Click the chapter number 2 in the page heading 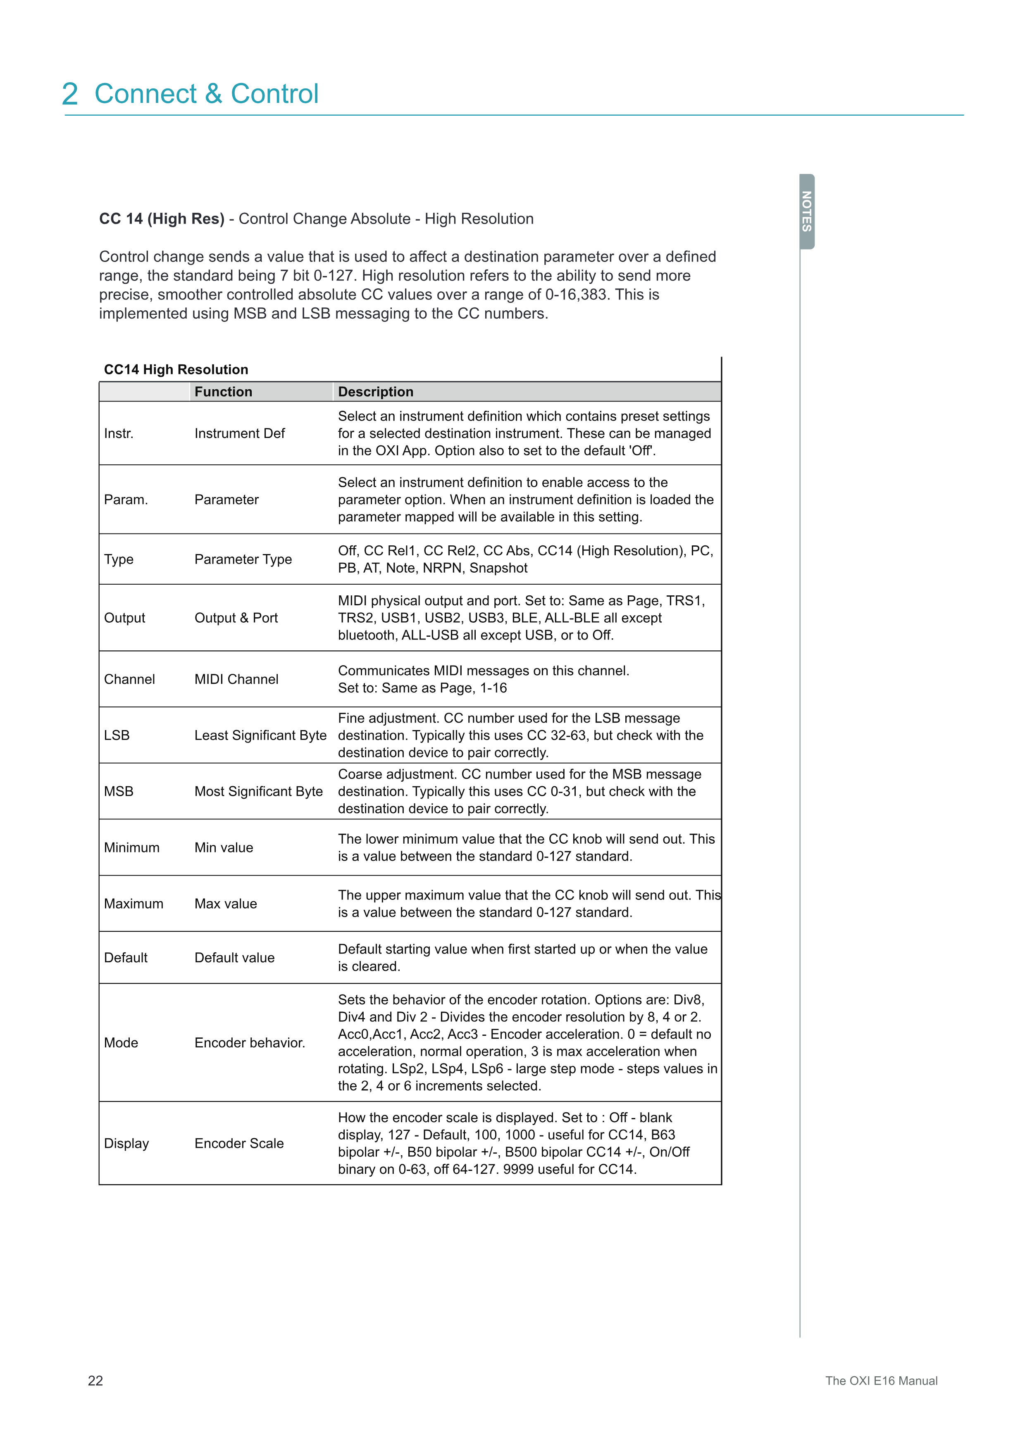[x=70, y=95]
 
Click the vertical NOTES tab [x=807, y=212]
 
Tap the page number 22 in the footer [x=95, y=1380]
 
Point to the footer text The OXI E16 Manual [x=881, y=1380]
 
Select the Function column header [x=224, y=392]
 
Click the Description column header [x=376, y=392]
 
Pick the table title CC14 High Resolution [x=176, y=369]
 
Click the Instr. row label [x=119, y=433]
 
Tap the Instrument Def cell [x=240, y=433]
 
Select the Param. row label [x=126, y=500]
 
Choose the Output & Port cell [x=236, y=618]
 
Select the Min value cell [x=224, y=847]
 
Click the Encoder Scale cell [x=239, y=1144]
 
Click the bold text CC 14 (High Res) [x=162, y=219]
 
